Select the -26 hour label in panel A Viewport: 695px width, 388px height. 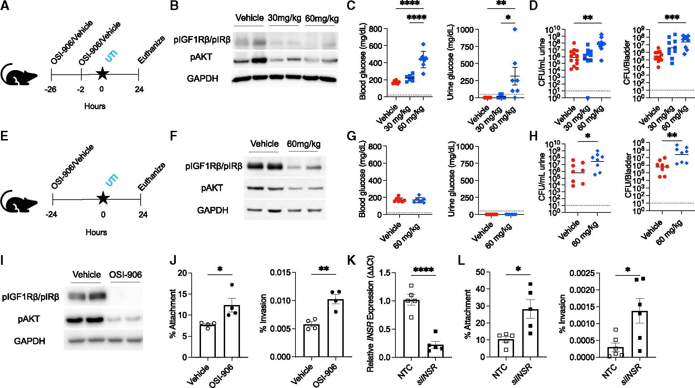click(50, 90)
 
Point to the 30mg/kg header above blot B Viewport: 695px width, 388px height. click(284, 18)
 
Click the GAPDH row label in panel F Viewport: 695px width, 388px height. click(212, 210)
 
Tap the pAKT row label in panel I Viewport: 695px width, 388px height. click(29, 319)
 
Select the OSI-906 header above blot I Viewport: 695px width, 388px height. click(125, 275)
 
